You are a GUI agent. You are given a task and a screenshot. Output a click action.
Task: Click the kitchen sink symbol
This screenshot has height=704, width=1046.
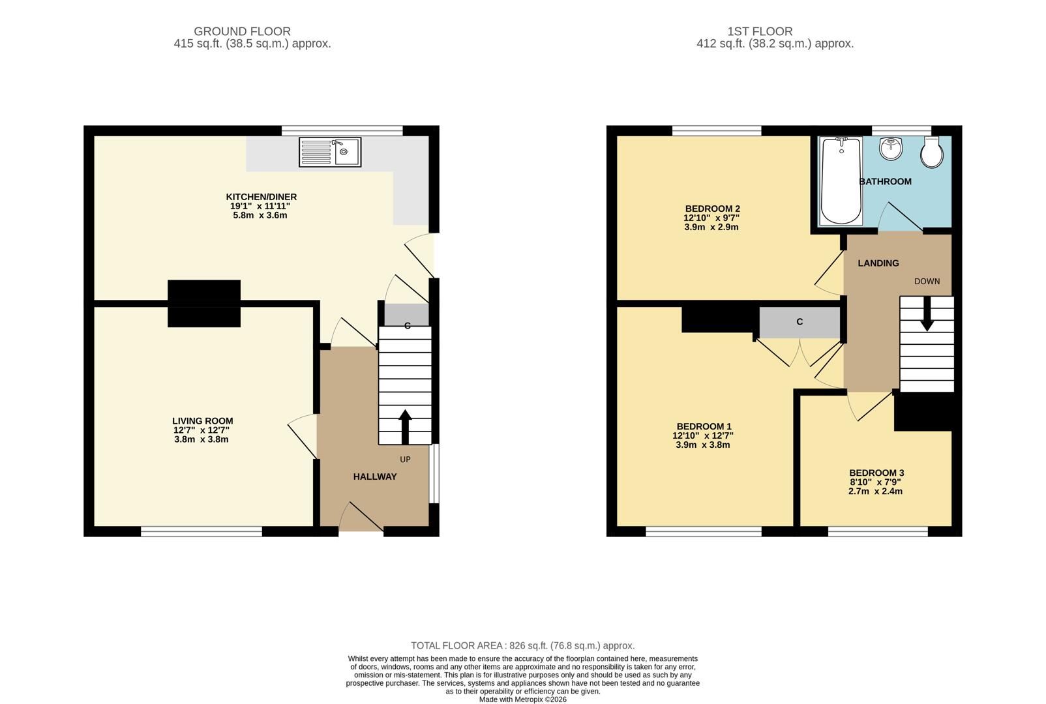tap(330, 152)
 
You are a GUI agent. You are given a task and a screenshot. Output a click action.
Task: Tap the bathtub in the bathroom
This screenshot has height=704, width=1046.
tap(841, 181)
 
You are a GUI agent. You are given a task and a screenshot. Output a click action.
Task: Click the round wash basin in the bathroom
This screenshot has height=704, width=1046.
tap(891, 149)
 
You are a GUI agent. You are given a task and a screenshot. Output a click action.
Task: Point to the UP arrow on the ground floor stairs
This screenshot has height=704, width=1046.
tap(405, 427)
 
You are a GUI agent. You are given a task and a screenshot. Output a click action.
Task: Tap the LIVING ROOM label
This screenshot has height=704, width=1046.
tap(202, 421)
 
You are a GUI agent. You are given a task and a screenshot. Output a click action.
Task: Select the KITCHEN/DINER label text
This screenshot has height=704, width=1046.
tap(261, 197)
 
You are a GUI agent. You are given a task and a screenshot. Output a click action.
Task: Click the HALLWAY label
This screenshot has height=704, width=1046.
tap(375, 477)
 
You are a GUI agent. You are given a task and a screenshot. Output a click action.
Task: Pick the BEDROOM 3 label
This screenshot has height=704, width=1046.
tap(876, 473)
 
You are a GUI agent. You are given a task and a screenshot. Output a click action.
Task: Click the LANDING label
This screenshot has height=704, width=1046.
tap(878, 263)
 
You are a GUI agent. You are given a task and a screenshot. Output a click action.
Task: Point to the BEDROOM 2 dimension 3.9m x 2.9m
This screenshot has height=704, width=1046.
tap(711, 227)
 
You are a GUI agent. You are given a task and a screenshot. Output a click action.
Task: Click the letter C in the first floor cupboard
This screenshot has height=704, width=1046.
tap(799, 322)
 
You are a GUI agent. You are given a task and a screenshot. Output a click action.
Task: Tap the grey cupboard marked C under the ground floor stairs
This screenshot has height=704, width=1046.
tap(406, 315)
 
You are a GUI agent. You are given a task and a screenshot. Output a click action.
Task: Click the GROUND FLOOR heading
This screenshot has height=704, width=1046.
tap(242, 31)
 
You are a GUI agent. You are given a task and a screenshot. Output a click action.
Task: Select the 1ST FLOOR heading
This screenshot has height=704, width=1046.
tap(760, 31)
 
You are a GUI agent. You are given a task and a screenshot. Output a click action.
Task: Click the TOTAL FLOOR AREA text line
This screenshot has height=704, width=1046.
tap(522, 646)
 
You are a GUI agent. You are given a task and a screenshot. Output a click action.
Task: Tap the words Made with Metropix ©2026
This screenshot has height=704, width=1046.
tap(522, 699)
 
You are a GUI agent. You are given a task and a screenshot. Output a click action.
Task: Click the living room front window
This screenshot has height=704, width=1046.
tap(202, 531)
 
